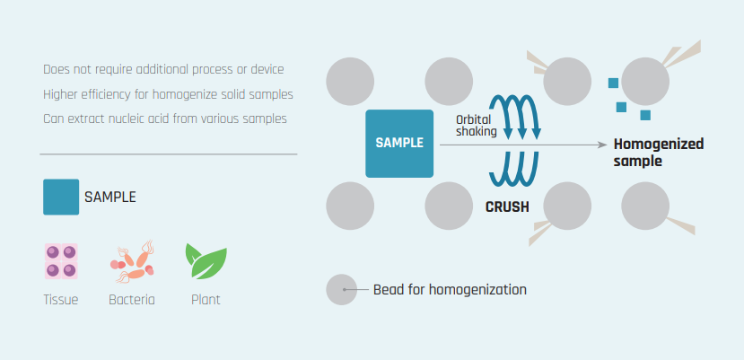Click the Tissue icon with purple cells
click(61, 260)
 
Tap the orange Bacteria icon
click(133, 261)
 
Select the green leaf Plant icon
click(206, 260)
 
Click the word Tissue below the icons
click(61, 300)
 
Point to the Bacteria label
click(132, 300)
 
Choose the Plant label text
click(206, 300)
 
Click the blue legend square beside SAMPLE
click(61, 197)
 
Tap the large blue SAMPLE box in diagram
click(399, 144)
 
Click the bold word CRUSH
click(507, 207)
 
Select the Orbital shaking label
click(477, 126)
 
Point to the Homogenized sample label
click(659, 152)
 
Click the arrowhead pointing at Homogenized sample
click(603, 145)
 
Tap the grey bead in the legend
click(342, 289)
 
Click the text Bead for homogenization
click(450, 289)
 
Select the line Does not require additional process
click(163, 69)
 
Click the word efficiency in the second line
click(99, 94)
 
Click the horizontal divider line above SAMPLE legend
click(169, 154)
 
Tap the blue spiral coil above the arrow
click(515, 117)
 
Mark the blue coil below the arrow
click(514, 169)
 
